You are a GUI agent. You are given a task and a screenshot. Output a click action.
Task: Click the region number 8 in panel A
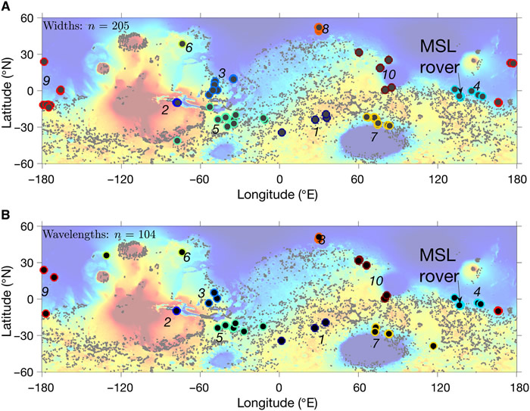point(326,29)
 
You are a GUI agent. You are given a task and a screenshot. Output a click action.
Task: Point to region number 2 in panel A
point(164,110)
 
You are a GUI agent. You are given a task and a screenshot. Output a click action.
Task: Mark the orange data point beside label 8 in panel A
point(319,29)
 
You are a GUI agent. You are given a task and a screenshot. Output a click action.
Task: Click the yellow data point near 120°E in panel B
point(433,346)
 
